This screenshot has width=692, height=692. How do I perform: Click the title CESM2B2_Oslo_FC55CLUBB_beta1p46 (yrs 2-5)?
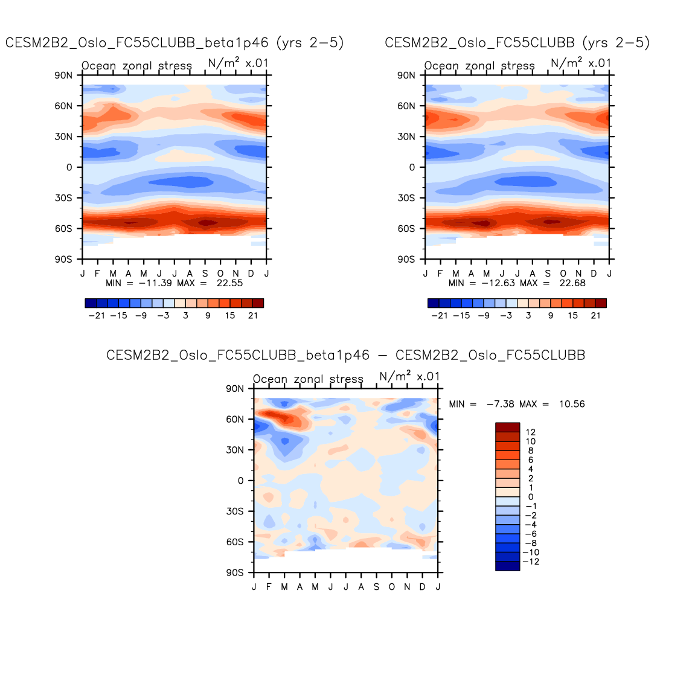175,43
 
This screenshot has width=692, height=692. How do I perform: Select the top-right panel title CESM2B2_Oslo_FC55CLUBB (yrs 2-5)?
517,43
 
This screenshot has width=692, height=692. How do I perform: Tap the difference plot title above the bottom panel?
345,355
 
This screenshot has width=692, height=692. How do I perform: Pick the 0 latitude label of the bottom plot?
241,481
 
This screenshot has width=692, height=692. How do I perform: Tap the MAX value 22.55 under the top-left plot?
229,283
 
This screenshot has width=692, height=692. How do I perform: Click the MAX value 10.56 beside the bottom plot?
572,404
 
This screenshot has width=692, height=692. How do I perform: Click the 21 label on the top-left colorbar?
253,316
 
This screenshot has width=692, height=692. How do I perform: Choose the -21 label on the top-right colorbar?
440,316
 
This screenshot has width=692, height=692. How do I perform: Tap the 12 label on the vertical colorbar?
531,432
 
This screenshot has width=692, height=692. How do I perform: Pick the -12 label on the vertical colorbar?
531,562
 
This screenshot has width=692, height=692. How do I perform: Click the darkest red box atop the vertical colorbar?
507,428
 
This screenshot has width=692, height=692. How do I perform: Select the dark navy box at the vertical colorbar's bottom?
507,566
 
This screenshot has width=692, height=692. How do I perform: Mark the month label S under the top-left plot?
205,274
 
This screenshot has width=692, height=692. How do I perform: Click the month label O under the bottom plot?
392,587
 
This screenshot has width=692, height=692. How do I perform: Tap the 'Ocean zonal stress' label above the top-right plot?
479,66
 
